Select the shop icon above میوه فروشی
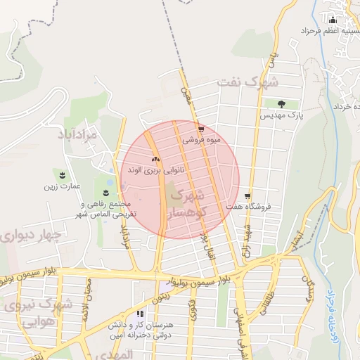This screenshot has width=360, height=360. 202,129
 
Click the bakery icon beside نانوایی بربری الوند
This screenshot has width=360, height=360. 155,160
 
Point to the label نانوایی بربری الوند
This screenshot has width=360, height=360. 156,170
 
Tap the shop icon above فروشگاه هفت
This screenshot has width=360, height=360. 247,196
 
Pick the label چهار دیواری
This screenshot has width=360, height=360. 31,235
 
